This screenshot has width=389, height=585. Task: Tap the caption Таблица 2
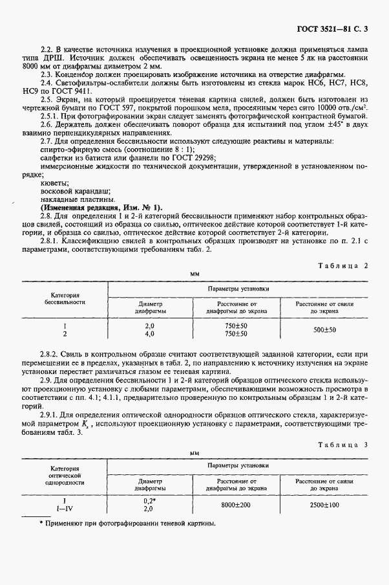(x=344, y=266)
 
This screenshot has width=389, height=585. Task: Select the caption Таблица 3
(x=344, y=446)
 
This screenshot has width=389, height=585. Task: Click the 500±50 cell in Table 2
(x=324, y=331)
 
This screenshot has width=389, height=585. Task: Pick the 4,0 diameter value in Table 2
(x=149, y=335)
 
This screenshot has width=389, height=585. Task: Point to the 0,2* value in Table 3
(x=149, y=502)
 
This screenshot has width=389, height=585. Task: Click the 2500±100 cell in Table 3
(x=324, y=505)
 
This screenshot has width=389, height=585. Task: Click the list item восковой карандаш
(x=66, y=190)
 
